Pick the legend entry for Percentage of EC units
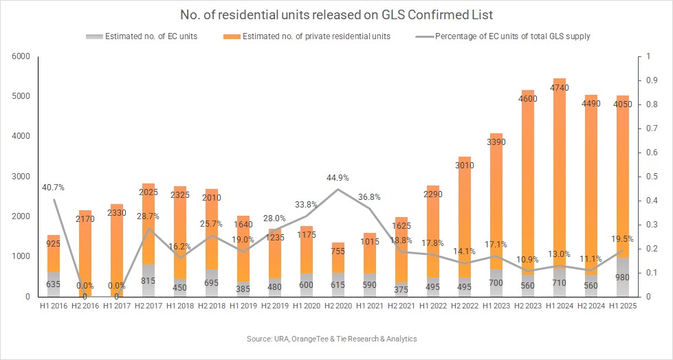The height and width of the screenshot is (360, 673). point(512,36)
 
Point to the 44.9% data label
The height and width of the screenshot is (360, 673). point(337,178)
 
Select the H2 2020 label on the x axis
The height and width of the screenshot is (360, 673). point(337,306)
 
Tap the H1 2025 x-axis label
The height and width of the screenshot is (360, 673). point(622,306)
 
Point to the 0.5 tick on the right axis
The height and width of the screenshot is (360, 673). point(649,177)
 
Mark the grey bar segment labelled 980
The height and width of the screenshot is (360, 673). point(622,278)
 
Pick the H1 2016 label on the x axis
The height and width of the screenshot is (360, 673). point(52,306)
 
